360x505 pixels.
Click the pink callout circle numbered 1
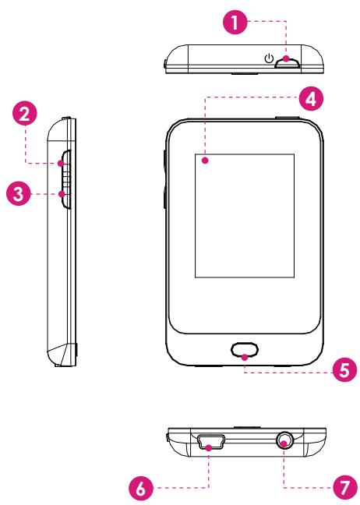[235, 22]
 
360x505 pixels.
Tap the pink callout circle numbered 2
[25, 114]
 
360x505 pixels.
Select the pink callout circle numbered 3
[19, 194]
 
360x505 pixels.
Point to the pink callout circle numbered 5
[344, 369]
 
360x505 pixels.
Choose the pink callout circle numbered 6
[141, 489]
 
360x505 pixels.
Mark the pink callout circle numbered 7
[344, 489]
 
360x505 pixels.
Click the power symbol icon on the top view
[269, 58]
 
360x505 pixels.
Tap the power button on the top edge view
[288, 62]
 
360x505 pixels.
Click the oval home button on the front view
[245, 350]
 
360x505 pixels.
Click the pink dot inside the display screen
[205, 160]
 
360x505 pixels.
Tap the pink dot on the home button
[245, 357]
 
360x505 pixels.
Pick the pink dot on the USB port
[210, 447]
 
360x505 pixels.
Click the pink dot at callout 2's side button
[61, 164]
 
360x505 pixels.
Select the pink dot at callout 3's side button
[62, 194]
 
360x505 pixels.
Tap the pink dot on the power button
[286, 59]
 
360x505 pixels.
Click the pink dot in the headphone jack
[284, 443]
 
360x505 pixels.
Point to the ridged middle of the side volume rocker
[65, 180]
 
